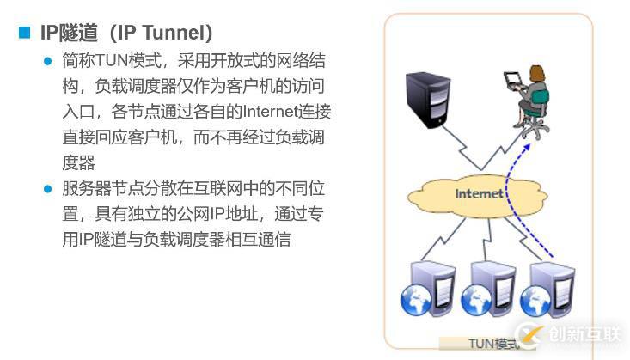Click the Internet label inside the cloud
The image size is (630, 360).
click(479, 193)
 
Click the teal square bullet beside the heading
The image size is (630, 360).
click(24, 33)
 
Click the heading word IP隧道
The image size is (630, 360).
click(65, 33)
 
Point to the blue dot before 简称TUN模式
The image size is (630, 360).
click(48, 62)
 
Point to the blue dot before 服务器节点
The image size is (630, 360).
click(48, 188)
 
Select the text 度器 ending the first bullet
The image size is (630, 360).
click(78, 162)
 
